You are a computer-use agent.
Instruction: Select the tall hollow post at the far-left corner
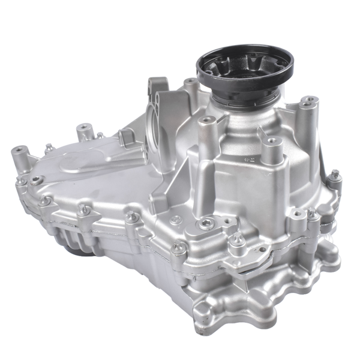pos(17,157)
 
